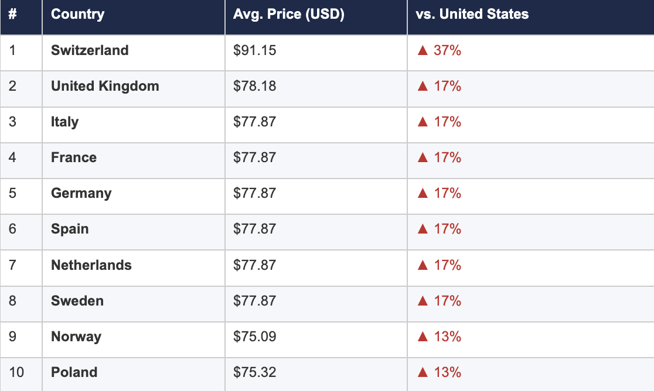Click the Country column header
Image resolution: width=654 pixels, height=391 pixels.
point(78,14)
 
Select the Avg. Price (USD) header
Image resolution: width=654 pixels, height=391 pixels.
point(288,14)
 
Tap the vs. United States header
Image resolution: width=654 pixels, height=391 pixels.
point(472,14)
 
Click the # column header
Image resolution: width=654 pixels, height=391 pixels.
point(12,14)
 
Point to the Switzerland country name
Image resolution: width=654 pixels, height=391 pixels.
point(90,50)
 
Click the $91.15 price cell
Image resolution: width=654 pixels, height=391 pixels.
point(254,50)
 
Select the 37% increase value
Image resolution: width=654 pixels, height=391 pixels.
point(447,50)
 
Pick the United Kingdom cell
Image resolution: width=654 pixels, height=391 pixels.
point(105,86)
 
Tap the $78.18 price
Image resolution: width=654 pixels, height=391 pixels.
point(254,86)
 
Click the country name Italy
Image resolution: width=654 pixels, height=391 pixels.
point(64,122)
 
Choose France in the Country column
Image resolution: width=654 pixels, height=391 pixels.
point(74,157)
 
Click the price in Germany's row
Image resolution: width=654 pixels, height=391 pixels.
point(254,193)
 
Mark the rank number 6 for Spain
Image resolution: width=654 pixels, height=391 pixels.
point(12,229)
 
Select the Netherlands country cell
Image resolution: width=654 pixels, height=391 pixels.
point(91,265)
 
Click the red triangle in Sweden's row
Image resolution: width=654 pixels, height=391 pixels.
point(422,301)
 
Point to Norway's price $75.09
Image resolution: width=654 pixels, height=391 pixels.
point(254,337)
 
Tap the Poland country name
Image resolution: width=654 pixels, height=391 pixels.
point(74,372)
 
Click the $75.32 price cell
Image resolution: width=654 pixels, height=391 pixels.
point(254,372)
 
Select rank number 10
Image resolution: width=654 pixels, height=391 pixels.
point(16,372)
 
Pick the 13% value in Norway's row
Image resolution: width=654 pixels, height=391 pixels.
point(447,337)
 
